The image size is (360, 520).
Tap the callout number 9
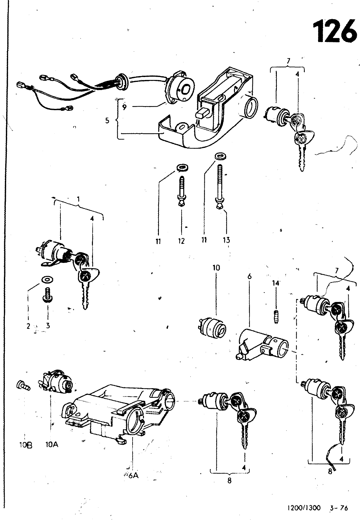click(x=125, y=107)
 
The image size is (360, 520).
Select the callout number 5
click(x=107, y=121)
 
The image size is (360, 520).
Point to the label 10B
click(x=26, y=446)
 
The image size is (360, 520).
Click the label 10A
click(x=52, y=445)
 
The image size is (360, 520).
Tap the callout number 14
click(x=276, y=283)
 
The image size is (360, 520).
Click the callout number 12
click(x=181, y=241)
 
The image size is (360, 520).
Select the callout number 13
click(x=226, y=240)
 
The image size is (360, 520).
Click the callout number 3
click(x=48, y=325)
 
